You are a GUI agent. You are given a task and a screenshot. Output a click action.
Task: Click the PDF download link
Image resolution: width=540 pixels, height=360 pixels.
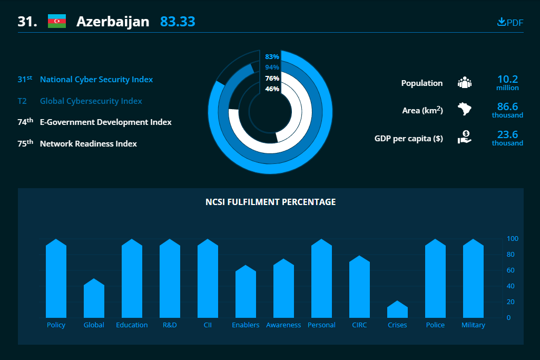click(510, 22)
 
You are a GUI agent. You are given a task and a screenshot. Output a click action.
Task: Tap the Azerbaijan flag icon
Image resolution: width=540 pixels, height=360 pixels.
click(57, 22)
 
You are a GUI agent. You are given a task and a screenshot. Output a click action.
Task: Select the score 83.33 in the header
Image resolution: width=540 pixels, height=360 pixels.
click(178, 22)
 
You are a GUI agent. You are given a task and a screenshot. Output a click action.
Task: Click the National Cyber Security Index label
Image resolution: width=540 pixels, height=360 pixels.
click(96, 80)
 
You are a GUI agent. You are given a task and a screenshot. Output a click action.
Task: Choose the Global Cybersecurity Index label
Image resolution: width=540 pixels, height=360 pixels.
click(91, 101)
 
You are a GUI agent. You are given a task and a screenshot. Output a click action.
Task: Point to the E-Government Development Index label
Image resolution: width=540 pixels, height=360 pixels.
click(106, 122)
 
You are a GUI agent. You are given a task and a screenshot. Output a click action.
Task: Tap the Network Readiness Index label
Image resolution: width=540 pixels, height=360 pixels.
click(89, 144)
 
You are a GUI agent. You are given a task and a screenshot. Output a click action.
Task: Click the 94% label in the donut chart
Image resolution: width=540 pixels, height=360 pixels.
click(272, 67)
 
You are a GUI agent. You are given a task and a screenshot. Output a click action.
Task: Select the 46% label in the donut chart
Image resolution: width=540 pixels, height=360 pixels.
click(272, 89)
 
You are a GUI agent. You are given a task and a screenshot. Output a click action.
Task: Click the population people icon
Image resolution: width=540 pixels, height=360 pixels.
click(465, 83)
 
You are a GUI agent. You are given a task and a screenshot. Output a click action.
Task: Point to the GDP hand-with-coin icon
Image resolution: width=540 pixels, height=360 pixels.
click(465, 137)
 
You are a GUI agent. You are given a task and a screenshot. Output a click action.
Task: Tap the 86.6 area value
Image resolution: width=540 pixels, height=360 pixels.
click(508, 106)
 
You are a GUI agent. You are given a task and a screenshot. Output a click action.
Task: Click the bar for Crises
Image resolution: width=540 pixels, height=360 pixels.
click(397, 309)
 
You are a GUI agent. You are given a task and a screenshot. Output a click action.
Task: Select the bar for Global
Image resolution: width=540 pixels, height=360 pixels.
click(94, 298)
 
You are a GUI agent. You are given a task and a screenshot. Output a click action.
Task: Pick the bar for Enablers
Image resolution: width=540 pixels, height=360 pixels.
click(246, 291)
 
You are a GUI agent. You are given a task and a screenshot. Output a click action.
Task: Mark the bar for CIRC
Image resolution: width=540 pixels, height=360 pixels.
click(359, 287)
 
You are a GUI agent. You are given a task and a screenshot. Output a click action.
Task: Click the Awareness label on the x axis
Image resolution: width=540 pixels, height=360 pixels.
click(283, 325)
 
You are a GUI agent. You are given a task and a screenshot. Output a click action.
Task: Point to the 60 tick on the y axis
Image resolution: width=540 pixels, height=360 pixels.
click(510, 270)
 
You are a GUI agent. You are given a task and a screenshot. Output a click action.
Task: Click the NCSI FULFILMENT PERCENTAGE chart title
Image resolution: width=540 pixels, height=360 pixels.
click(271, 202)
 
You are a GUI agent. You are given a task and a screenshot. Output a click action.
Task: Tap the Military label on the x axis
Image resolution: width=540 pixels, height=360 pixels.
click(473, 325)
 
